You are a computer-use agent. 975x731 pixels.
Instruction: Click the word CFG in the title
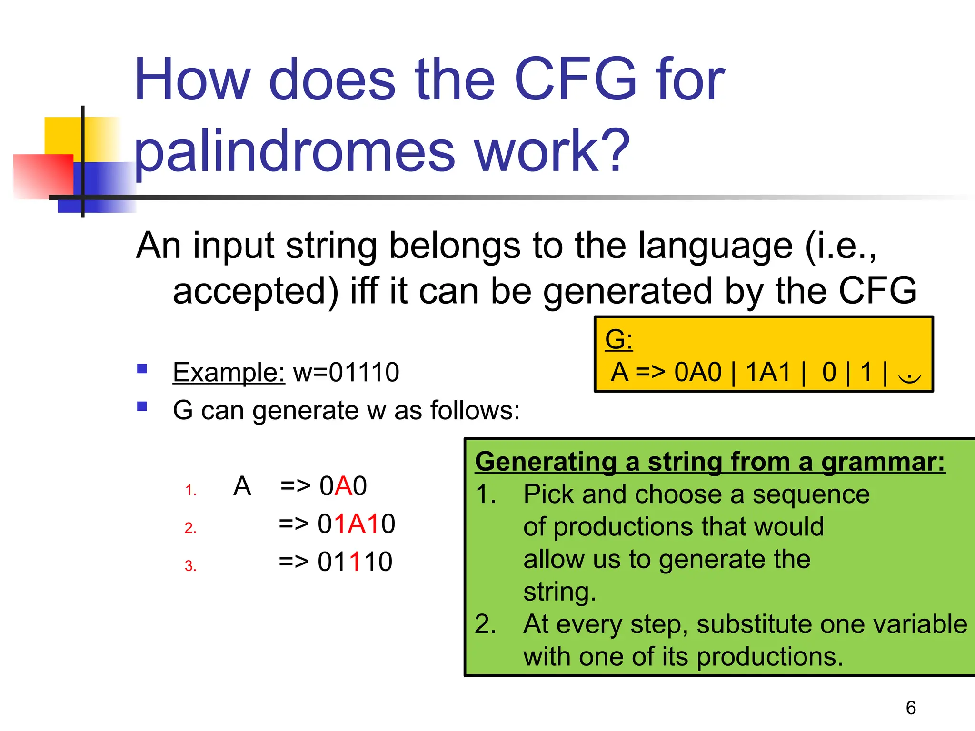pyautogui.click(x=575, y=80)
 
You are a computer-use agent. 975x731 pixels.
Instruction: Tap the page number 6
pyautogui.click(x=911, y=708)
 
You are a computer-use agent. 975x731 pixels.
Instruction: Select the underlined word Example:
pyautogui.click(x=229, y=372)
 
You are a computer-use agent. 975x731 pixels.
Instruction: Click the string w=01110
pyautogui.click(x=346, y=372)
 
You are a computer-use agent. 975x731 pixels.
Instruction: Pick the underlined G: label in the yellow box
pyautogui.click(x=618, y=340)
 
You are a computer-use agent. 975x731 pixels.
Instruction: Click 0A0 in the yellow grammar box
pyautogui.click(x=698, y=372)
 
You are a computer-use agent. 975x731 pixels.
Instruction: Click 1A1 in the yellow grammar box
pyautogui.click(x=768, y=372)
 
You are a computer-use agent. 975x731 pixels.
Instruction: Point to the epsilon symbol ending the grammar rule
pyautogui.click(x=909, y=376)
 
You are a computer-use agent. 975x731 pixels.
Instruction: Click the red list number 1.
pyautogui.click(x=190, y=490)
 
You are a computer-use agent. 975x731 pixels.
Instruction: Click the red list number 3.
pyautogui.click(x=190, y=566)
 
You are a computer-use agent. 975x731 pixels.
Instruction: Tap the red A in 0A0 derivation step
pyautogui.click(x=343, y=486)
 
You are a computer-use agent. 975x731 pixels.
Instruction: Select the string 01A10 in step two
pyautogui.click(x=356, y=524)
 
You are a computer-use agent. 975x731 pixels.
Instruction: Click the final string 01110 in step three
pyautogui.click(x=355, y=562)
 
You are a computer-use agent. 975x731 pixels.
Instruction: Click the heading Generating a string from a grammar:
pyautogui.click(x=710, y=462)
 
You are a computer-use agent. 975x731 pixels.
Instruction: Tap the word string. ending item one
pyautogui.click(x=559, y=592)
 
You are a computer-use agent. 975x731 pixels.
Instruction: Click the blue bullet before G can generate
pyautogui.click(x=142, y=406)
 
